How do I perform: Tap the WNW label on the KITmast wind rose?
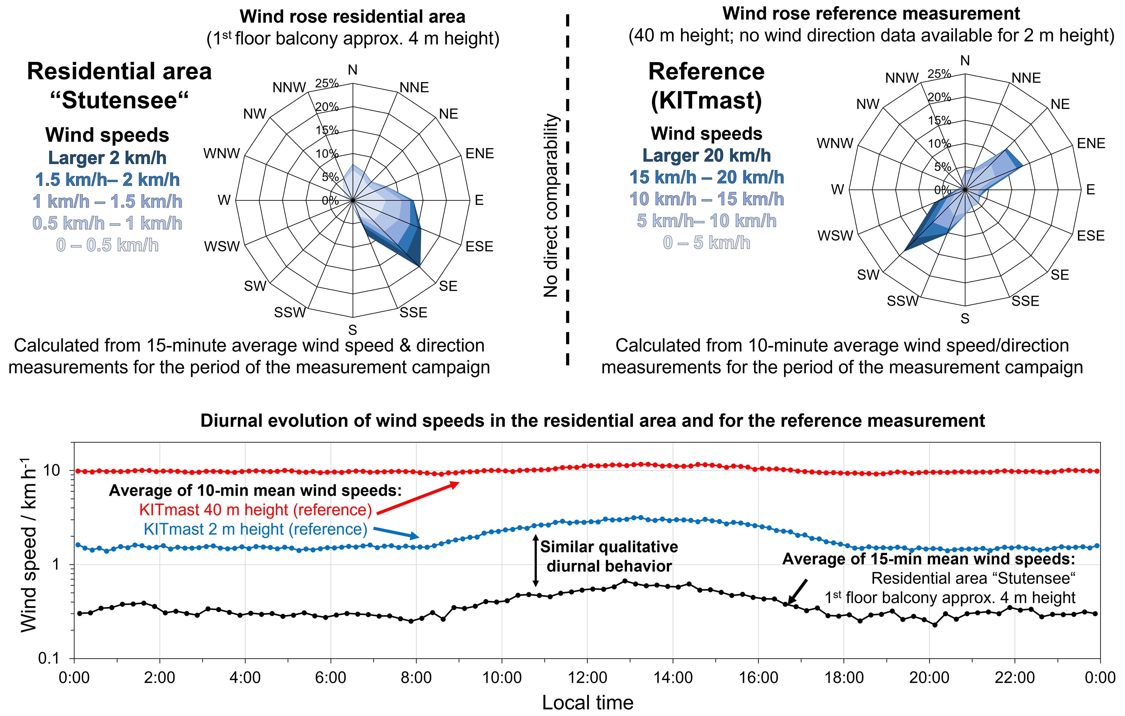tap(835, 143)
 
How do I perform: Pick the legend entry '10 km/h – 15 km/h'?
tap(706, 199)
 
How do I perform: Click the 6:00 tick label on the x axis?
tap(330, 678)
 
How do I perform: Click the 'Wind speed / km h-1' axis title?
tap(29, 544)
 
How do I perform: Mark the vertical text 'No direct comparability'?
tap(551, 206)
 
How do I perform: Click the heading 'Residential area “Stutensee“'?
tap(119, 86)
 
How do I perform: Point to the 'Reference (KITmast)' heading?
tap(706, 86)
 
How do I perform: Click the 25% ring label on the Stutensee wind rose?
tap(327, 83)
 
